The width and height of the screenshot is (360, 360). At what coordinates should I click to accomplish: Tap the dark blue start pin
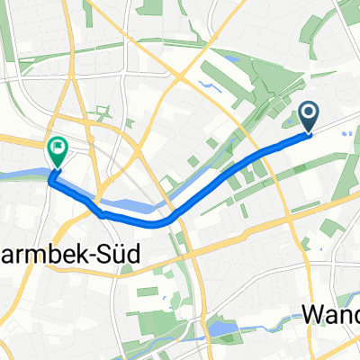coord(309,115)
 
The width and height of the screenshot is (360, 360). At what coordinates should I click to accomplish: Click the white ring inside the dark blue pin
coord(309,112)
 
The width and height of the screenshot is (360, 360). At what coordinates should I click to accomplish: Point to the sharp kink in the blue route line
coord(102,214)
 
